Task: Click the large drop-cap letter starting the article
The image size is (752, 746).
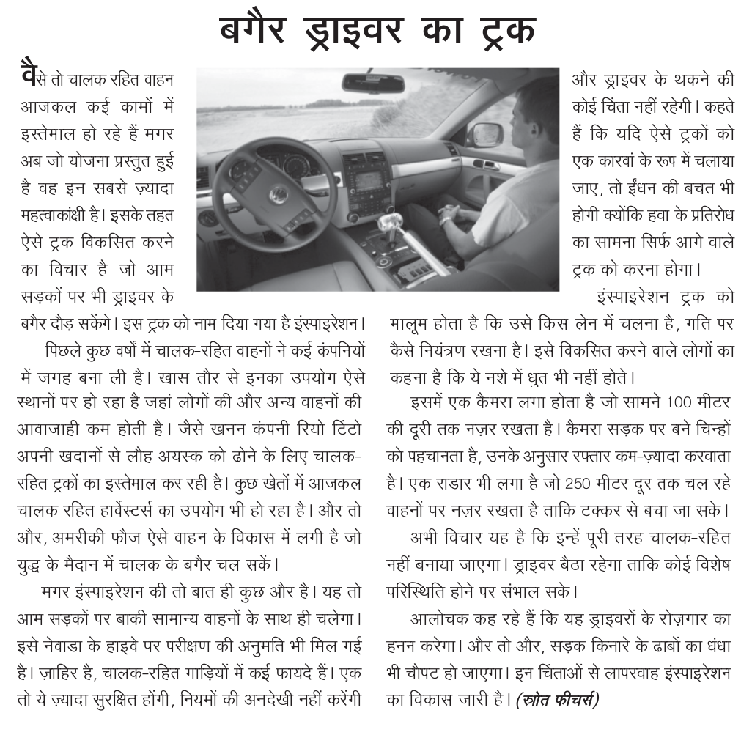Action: (x=28, y=76)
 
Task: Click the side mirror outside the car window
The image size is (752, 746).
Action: (x=484, y=135)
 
